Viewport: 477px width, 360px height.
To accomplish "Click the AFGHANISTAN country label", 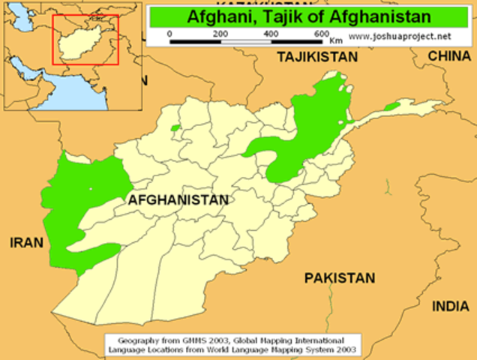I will pyautogui.click(x=178, y=200).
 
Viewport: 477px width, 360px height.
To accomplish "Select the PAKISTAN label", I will pyautogui.click(x=339, y=278).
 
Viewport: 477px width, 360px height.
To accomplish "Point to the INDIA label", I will pyautogui.click(x=450, y=306).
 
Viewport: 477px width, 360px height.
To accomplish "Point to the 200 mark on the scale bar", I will pyautogui.click(x=220, y=34).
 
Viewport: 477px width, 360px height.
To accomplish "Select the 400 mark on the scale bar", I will pyautogui.click(x=271, y=34).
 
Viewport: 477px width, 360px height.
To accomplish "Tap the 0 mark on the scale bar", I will pyautogui.click(x=169, y=34).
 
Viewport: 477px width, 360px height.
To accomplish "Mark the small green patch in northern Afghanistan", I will pyautogui.click(x=175, y=128).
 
